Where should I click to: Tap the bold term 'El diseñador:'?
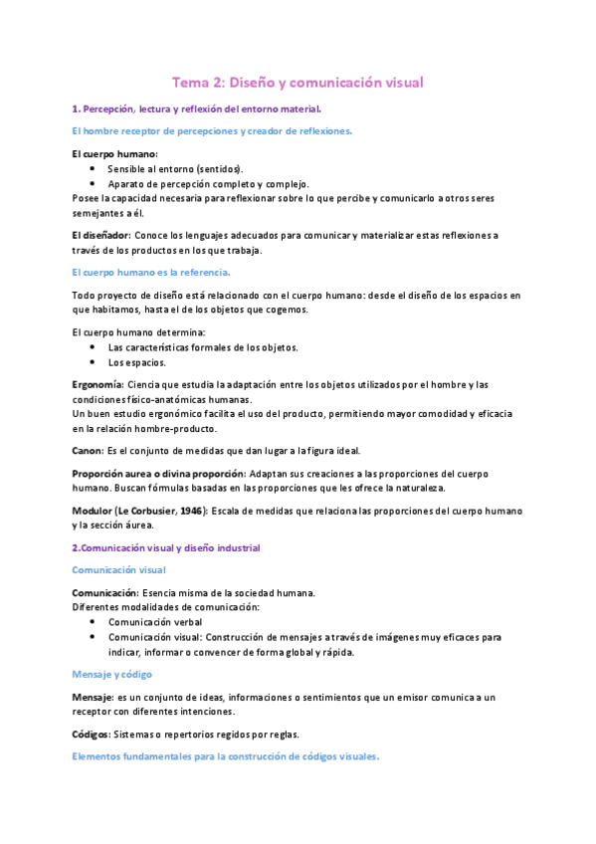pos(101,235)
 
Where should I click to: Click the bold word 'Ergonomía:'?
pos(99,384)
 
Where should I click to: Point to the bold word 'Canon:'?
pos(89,450)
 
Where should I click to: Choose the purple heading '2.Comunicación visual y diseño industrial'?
pos(166,547)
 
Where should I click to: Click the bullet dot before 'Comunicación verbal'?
pos(93,621)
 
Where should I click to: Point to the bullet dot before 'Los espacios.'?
pos(93,362)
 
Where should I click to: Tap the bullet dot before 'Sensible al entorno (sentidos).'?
pos(93,169)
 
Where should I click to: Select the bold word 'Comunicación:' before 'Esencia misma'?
pos(109,592)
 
